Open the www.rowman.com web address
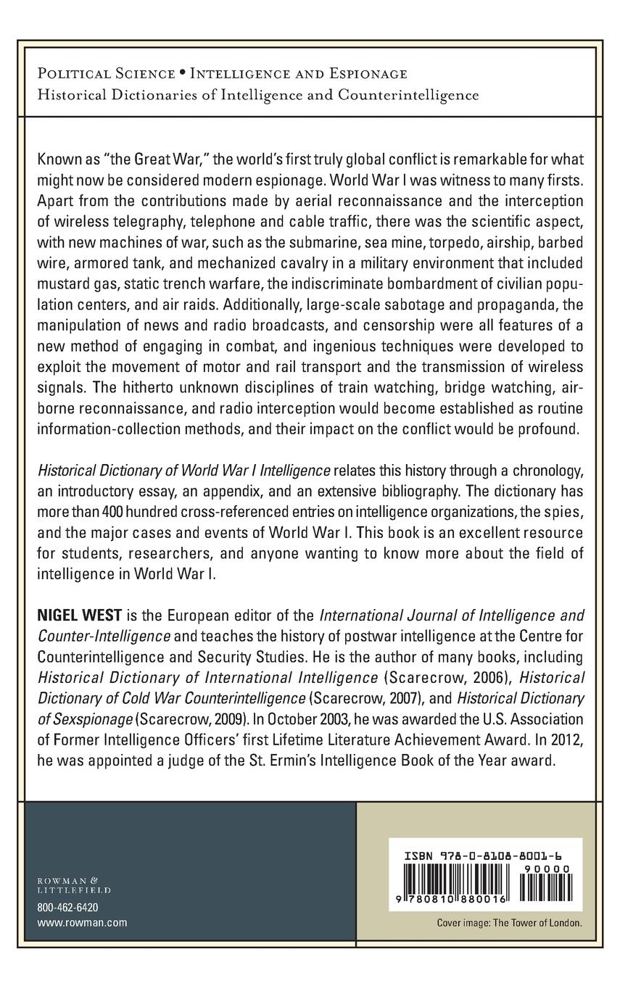point(81,922)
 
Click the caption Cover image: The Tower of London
point(509,924)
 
